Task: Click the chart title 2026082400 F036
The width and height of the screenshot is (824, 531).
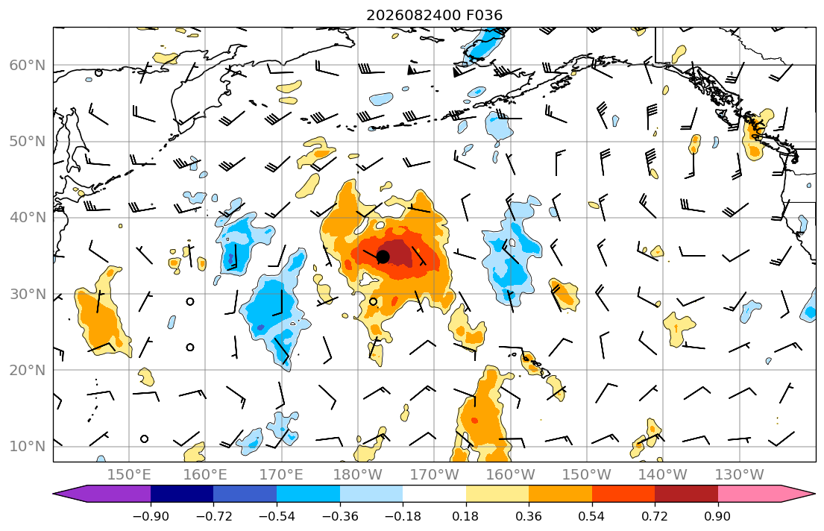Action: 434,15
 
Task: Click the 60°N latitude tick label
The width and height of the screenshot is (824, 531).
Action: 28,65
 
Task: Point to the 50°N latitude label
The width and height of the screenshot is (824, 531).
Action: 28,142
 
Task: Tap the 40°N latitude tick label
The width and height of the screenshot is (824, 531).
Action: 28,218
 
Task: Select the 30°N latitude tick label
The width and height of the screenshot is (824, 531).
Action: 28,294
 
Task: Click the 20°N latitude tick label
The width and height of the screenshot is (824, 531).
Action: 28,370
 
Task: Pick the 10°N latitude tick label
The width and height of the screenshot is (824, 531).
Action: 28,447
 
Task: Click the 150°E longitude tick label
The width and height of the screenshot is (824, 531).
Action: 129,475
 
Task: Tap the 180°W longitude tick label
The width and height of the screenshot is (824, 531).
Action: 358,475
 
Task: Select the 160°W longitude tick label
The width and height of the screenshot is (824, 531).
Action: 510,475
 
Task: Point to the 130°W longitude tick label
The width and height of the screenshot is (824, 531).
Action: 740,475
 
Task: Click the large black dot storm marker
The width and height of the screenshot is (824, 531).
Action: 383,257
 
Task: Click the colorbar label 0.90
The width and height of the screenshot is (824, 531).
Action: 718,516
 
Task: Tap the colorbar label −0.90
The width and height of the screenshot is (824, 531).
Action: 151,516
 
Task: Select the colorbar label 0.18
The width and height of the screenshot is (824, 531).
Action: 465,516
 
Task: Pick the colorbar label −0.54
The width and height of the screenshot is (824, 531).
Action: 277,516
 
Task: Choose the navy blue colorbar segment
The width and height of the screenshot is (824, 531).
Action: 182,494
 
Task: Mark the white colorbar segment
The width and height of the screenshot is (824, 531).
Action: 434,494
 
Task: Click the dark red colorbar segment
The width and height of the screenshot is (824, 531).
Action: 686,494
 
